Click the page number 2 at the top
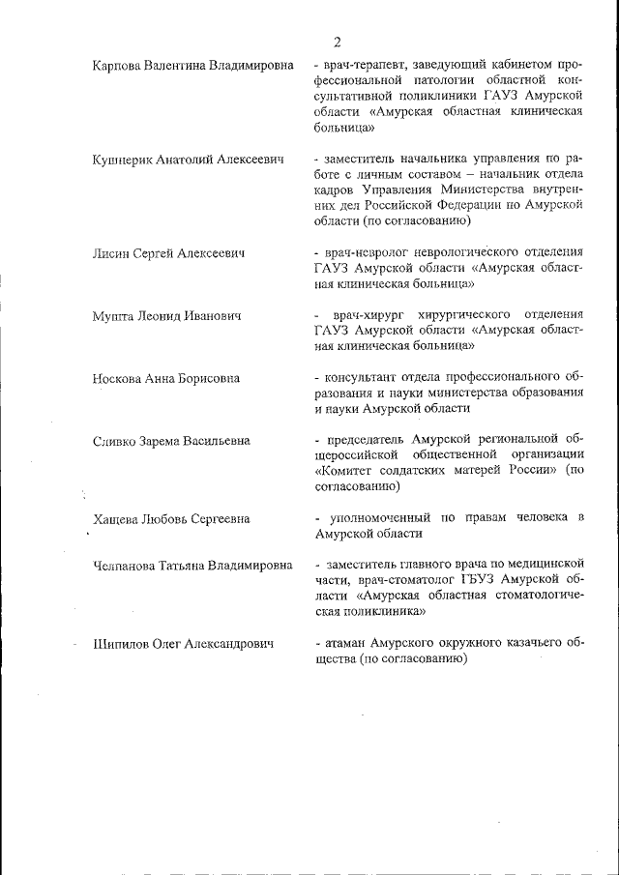pos(337,42)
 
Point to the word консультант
pos(363,377)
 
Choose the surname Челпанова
pos(128,566)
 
